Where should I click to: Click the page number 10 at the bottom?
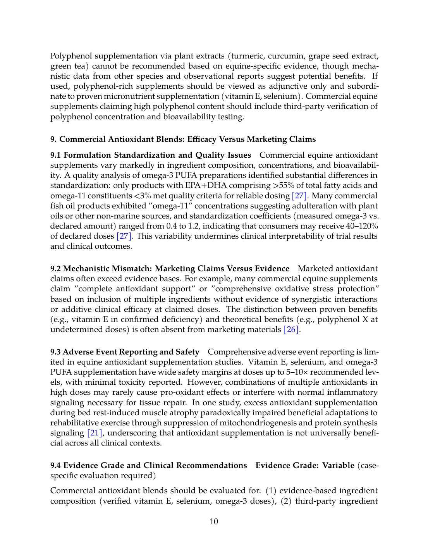[x=214, y=521]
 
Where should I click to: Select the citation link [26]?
[x=291, y=330]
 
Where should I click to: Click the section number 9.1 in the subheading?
[x=56, y=155]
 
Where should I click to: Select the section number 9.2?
[x=56, y=269]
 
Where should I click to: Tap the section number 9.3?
[x=56, y=352]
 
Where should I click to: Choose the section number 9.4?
[x=56, y=466]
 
